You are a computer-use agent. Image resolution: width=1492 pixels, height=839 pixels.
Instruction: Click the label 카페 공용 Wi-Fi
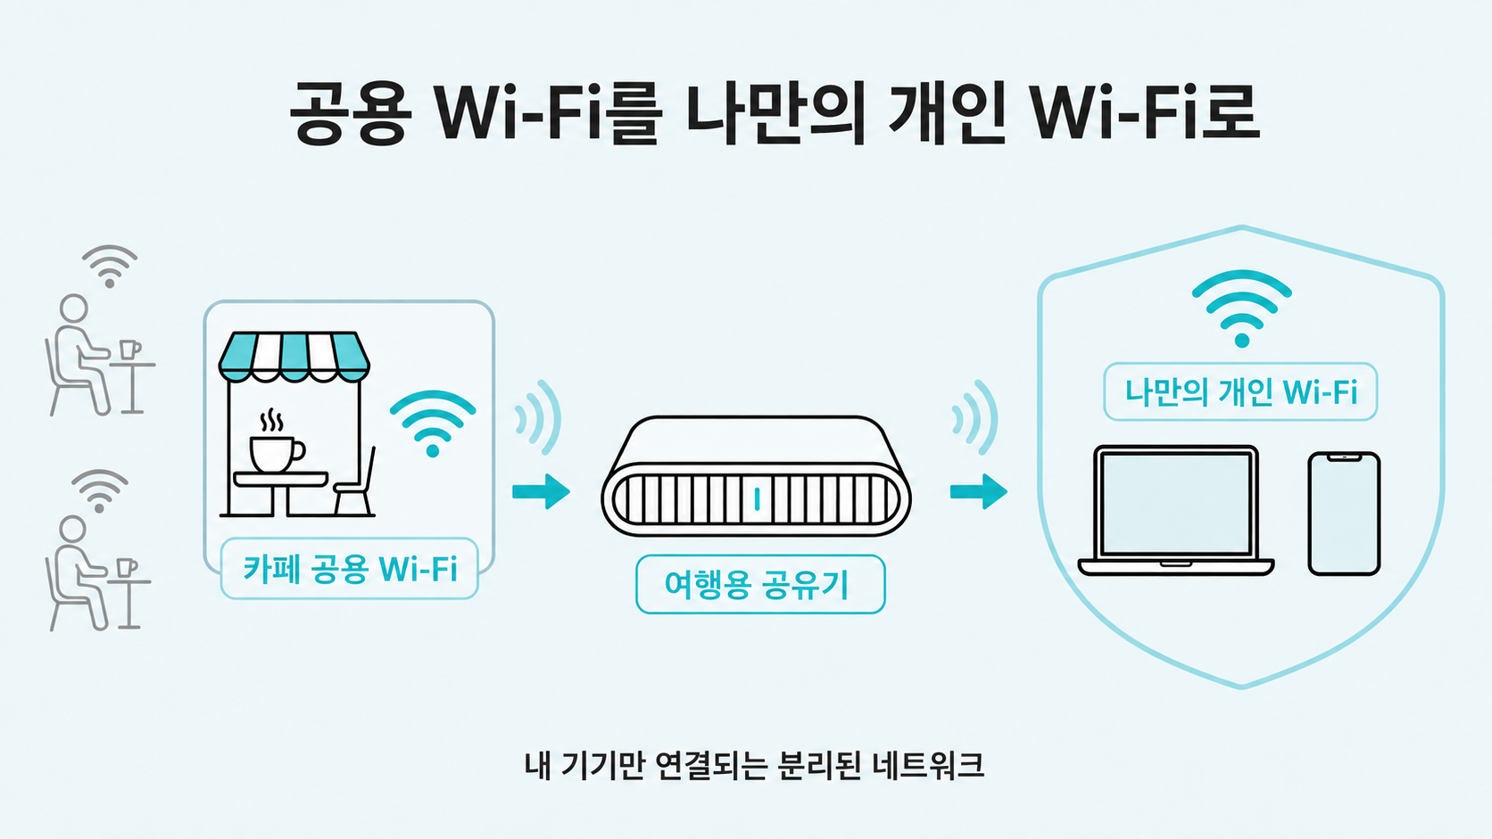pos(350,569)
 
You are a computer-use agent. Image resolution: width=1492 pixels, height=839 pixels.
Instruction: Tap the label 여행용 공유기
pos(760,584)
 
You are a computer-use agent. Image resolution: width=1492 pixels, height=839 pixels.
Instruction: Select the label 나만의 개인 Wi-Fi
pos(1240,391)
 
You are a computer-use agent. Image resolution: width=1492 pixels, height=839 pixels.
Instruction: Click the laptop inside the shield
pos(1175,510)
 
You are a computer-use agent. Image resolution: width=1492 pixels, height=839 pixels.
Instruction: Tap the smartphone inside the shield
pos(1344,513)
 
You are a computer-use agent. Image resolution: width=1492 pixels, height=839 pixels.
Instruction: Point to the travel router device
pos(756,476)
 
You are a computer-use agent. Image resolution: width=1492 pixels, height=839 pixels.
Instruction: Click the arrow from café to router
pos(541,491)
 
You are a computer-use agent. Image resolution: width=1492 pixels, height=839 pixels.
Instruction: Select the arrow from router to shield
pos(979,491)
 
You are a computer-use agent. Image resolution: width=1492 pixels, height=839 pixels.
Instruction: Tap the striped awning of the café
pos(294,358)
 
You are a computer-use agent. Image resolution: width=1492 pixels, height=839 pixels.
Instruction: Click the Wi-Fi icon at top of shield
pos(1241,308)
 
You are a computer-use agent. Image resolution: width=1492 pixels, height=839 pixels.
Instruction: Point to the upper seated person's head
pos(73,308)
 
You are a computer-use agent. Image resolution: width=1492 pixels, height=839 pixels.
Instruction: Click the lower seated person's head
pos(72,530)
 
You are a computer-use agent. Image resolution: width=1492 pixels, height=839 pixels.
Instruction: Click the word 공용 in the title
pos(348,112)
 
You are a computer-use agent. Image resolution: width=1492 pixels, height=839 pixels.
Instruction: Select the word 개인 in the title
pos(947,112)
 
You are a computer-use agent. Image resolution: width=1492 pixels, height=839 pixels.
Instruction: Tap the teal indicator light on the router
pos(757,499)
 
